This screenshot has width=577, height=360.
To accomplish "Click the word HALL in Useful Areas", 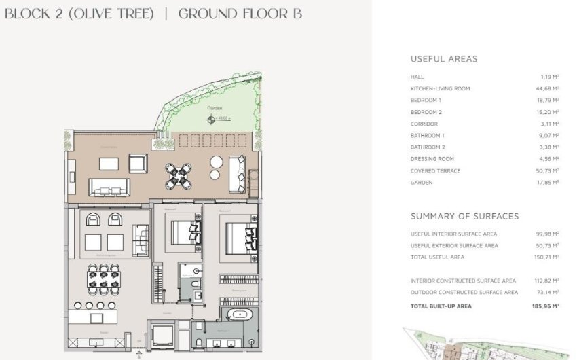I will click(x=417, y=77).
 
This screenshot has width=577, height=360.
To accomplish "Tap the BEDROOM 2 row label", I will click(x=426, y=112).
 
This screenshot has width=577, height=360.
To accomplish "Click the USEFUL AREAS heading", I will click(x=444, y=59).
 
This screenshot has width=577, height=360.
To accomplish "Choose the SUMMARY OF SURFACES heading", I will click(x=464, y=216).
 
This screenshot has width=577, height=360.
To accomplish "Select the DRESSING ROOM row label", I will click(x=432, y=159).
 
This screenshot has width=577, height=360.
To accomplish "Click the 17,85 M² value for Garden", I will click(x=546, y=182).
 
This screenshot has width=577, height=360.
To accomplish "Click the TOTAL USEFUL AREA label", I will click(x=437, y=257).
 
